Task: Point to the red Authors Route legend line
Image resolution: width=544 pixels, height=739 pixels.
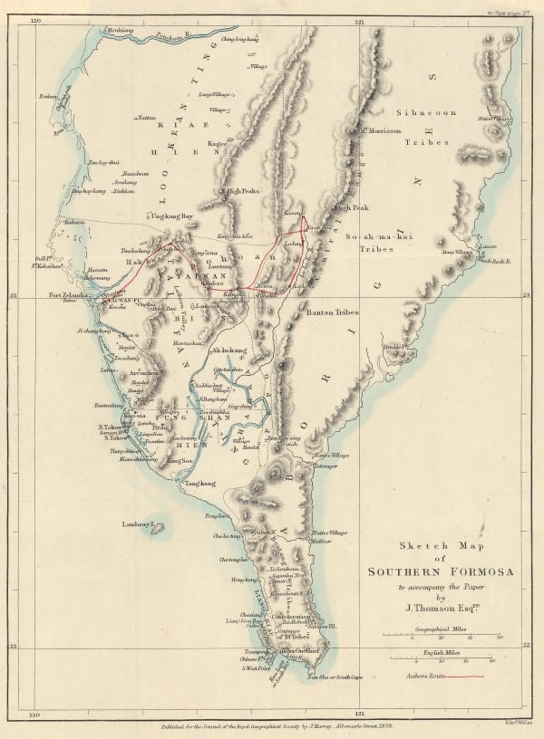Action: click(x=460, y=676)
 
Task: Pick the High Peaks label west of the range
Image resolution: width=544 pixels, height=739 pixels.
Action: click(x=246, y=191)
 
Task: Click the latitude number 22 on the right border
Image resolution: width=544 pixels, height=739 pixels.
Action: click(x=527, y=646)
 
